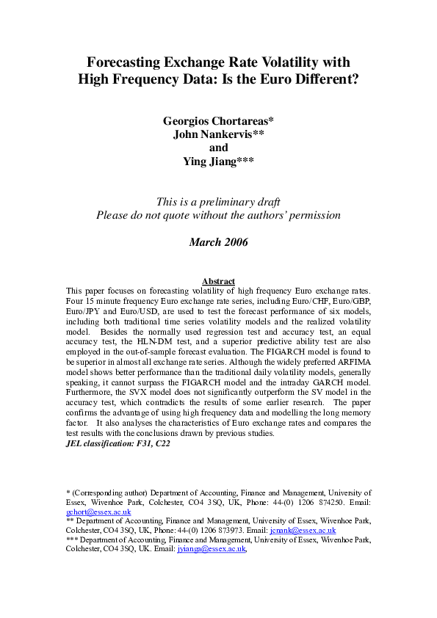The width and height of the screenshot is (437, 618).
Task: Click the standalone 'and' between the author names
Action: [219, 148]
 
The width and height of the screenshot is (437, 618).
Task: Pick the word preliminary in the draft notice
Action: [228, 202]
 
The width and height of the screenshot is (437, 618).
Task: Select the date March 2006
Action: [218, 241]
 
